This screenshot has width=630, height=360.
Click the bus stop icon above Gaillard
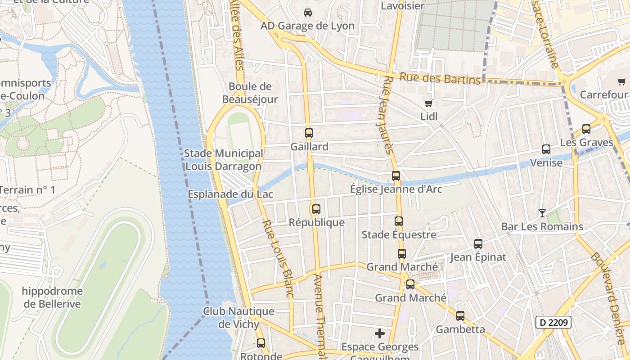[309, 133]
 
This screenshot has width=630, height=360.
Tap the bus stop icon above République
[316, 209]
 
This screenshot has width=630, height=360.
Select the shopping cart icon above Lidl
[428, 103]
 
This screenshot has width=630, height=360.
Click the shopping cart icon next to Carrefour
[622, 81]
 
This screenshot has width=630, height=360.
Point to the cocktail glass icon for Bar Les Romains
[542, 213]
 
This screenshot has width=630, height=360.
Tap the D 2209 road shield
[553, 322]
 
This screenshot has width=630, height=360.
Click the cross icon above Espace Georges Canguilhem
[380, 333]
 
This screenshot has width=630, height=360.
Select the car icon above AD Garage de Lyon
[307, 13]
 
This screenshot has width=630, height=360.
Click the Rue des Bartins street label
[440, 79]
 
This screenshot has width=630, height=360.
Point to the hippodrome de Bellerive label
[52, 297]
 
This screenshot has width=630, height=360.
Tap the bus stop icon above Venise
[546, 149]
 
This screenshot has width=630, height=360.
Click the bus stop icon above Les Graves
[586, 129]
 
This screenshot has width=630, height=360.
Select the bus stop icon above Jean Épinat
[478, 244]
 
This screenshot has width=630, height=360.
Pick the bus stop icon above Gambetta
[460, 316]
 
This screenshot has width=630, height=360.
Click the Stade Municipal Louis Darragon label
[223, 160]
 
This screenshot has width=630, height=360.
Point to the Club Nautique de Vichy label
[238, 317]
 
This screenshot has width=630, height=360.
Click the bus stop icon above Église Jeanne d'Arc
[396, 176]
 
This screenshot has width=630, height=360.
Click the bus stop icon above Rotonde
[261, 343]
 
